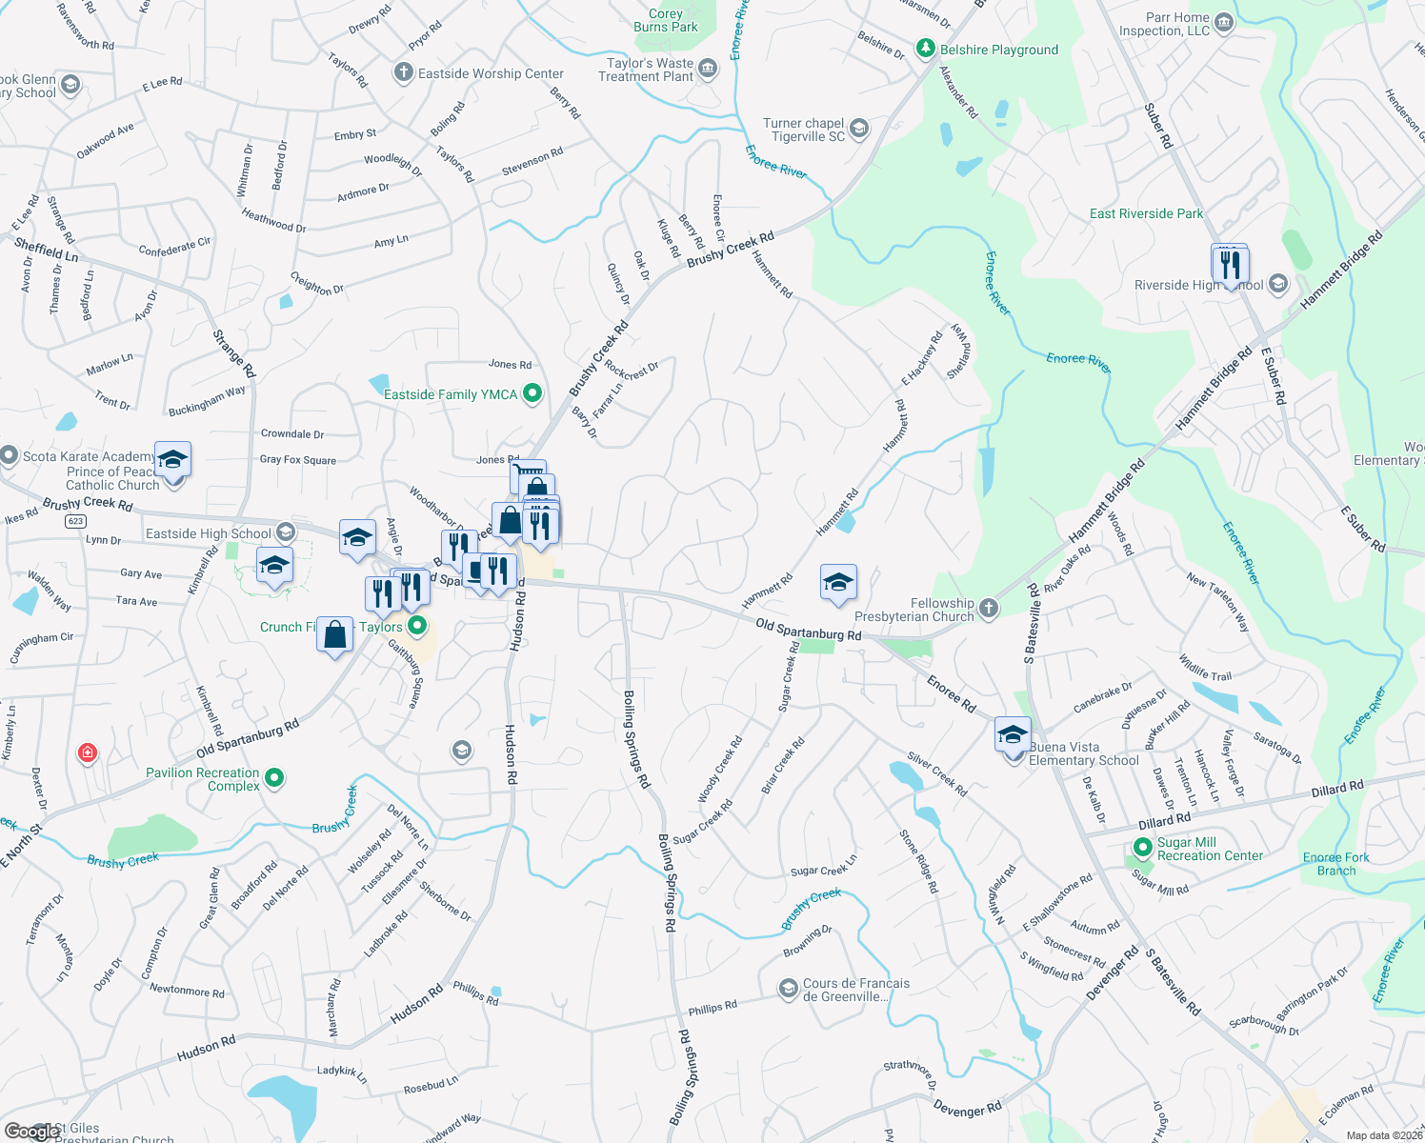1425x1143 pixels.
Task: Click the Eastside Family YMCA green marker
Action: tap(532, 393)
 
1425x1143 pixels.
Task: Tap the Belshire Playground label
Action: tap(998, 50)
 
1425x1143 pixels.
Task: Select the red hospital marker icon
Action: tap(87, 753)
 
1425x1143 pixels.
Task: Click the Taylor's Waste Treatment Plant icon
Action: tap(708, 69)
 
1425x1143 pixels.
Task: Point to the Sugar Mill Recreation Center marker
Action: tap(1143, 847)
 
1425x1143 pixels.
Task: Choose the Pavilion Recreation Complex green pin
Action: tap(274, 778)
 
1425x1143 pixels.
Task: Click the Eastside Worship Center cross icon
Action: tap(403, 73)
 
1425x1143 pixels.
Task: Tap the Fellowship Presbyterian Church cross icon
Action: tap(989, 609)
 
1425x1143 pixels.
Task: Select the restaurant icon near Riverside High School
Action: tap(1230, 266)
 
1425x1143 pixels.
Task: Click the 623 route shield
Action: tap(76, 521)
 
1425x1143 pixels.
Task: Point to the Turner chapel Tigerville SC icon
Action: tap(859, 129)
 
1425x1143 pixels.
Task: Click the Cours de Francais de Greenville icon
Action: tap(788, 989)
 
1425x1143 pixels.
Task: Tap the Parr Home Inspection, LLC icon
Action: tap(1225, 23)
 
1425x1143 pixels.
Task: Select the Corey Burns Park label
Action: tap(666, 20)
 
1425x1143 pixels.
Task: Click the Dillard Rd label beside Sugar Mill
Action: tap(1164, 820)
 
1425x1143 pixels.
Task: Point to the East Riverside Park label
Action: tap(1146, 213)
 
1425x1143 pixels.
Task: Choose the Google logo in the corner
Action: tap(30, 1132)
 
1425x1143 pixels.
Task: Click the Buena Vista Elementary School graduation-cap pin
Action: tap(1013, 736)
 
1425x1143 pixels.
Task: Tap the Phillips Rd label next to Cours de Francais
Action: tap(712, 1007)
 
